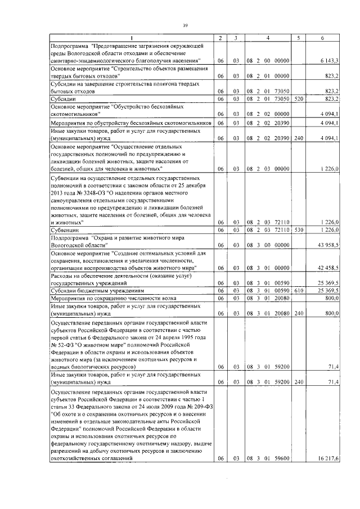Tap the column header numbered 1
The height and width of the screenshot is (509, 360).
[131, 38]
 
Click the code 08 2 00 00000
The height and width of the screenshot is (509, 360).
[267, 60]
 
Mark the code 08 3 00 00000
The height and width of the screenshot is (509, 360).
[267, 245]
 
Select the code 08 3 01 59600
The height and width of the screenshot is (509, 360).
[267, 459]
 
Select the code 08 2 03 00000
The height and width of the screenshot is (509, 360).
[267, 168]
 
